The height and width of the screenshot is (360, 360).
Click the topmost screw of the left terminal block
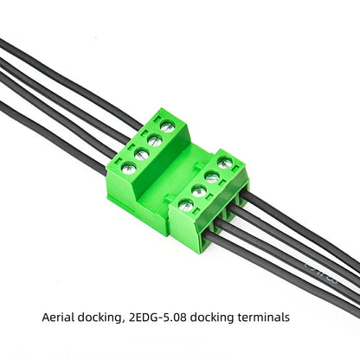click(167, 126)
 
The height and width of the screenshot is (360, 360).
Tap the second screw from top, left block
click(154, 140)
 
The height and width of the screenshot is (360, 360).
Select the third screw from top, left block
click(141, 154)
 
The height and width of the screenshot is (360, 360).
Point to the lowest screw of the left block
click(128, 168)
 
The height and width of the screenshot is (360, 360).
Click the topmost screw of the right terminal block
click(225, 162)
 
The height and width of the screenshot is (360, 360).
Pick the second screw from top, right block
click(212, 177)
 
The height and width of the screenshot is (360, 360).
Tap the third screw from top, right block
click(199, 190)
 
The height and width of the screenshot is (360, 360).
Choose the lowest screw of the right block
click(185, 205)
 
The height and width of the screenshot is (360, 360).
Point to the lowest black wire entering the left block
click(52, 130)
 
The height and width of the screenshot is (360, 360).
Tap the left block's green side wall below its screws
click(130, 199)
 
